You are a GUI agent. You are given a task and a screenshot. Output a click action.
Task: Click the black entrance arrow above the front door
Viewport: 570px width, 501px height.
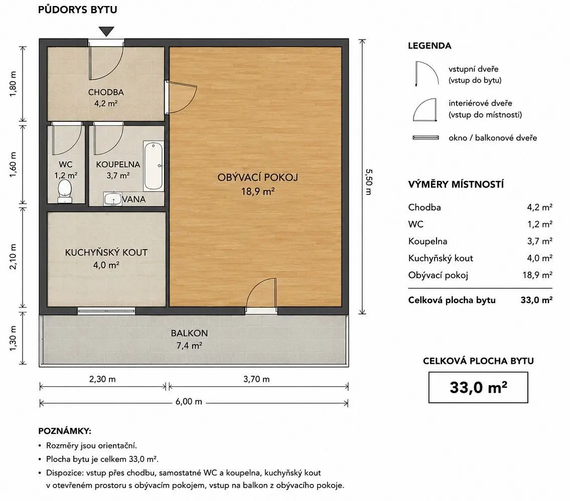106,31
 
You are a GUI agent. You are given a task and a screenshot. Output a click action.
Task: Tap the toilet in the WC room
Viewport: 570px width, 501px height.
65,191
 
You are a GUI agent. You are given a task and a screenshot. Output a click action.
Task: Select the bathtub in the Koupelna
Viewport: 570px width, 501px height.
153,166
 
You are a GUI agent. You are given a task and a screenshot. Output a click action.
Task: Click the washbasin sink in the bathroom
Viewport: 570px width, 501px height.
113,199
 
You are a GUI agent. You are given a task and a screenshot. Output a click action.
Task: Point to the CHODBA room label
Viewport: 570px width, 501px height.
106,92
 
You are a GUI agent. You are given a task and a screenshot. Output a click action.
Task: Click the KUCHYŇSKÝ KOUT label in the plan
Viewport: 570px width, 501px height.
106,253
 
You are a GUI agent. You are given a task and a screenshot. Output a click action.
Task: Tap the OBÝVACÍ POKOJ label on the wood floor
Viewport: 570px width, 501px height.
258,177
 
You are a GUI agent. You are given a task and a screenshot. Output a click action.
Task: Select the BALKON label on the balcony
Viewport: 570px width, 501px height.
189,333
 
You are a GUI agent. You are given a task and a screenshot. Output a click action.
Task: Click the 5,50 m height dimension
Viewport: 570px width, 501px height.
369,181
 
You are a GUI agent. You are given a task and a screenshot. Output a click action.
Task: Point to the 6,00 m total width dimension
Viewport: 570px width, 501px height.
189,401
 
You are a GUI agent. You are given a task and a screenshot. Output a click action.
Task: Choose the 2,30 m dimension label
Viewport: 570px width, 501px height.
102,379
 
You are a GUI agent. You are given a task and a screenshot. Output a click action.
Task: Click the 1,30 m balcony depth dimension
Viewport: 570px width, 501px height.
13,338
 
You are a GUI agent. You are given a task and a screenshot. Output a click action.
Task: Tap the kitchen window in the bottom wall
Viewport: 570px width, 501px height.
106,311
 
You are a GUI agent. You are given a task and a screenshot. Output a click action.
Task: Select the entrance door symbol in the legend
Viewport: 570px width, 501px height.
427,74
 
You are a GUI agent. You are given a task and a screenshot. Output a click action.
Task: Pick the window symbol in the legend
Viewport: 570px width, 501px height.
425,138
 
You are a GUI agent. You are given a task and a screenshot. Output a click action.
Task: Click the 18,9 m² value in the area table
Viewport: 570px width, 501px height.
537,275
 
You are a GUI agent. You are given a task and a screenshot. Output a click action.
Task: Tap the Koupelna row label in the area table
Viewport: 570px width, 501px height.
428,241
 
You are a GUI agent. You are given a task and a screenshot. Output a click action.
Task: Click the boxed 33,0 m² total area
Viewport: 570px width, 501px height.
478,387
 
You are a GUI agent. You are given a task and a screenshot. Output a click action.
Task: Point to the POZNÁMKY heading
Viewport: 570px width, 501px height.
65,431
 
